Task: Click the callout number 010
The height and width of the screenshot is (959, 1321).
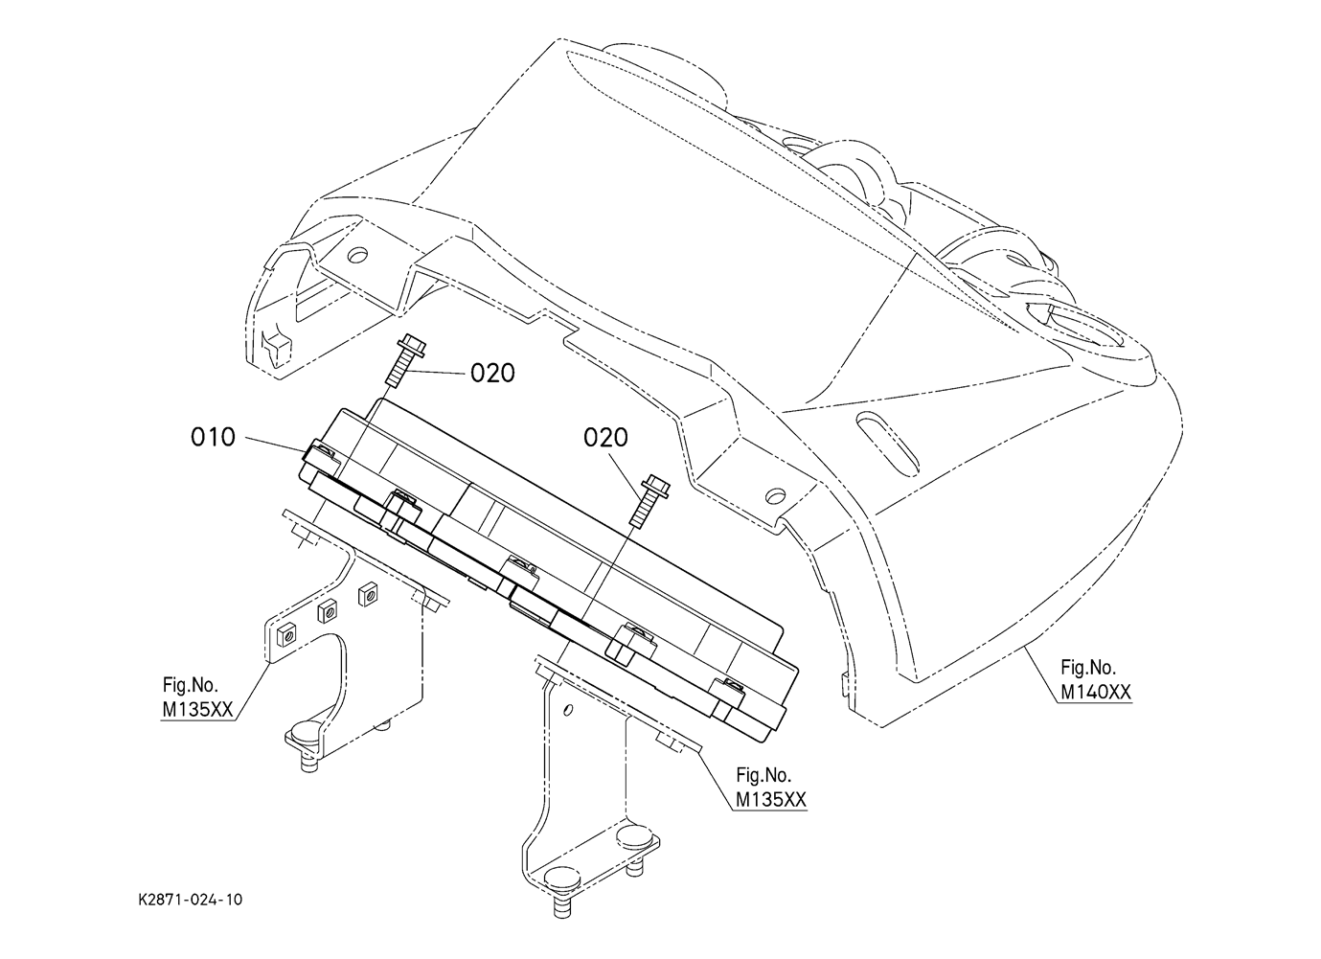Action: coord(213,438)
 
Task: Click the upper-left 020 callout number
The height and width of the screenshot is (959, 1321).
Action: coord(492,373)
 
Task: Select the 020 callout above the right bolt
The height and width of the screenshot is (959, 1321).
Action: coord(606,438)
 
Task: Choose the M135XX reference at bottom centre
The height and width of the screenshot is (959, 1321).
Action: coord(770,800)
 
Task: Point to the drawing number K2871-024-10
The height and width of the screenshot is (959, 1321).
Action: coord(190,900)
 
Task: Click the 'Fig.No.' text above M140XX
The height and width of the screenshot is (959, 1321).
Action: coord(1088,667)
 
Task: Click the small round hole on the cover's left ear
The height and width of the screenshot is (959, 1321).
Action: coord(356,256)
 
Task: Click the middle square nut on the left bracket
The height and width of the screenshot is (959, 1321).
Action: coord(325,608)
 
